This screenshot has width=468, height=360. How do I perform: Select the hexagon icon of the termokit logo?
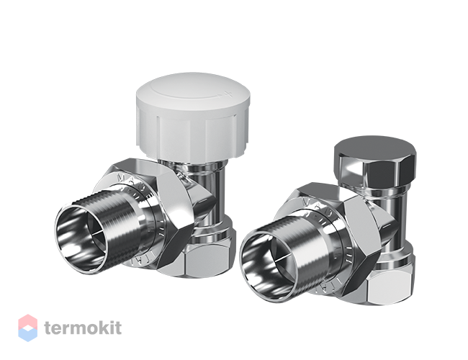[27, 328]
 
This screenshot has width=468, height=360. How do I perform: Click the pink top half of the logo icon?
[27, 321]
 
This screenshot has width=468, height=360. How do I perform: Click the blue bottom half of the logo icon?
[27, 335]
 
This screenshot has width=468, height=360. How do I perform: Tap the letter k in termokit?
[109, 328]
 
